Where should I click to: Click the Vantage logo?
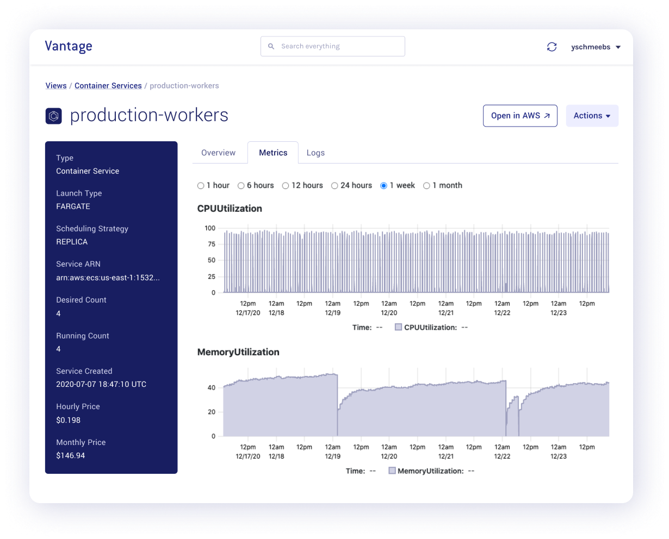(x=69, y=47)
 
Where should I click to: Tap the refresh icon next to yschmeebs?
(x=552, y=47)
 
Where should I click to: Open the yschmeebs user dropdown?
(x=596, y=47)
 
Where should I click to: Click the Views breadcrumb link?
(x=56, y=86)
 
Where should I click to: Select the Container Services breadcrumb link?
(x=108, y=86)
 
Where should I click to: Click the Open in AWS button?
(x=520, y=116)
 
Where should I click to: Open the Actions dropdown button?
(x=592, y=116)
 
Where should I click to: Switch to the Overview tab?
(x=218, y=153)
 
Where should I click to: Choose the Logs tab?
(x=315, y=153)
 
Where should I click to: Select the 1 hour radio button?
(x=201, y=186)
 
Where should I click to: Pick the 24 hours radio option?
(x=334, y=186)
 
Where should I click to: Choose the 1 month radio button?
(x=426, y=186)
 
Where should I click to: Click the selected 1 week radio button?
(x=383, y=186)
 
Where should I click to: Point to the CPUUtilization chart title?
(x=230, y=209)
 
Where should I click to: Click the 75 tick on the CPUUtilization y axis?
(x=211, y=245)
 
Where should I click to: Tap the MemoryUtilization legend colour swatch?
(x=392, y=471)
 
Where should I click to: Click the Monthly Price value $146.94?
(x=71, y=456)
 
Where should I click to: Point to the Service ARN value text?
(x=108, y=278)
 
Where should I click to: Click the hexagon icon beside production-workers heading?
(x=53, y=116)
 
